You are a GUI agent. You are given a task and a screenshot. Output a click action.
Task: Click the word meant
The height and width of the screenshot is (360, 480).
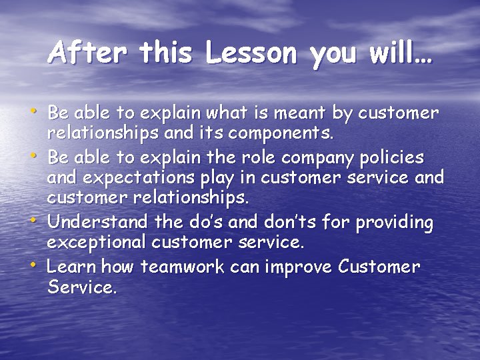click(x=293, y=113)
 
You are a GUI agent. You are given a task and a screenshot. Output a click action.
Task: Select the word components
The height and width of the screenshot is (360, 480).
click(x=281, y=132)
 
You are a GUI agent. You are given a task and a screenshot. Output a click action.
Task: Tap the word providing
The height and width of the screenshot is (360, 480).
click(x=393, y=223)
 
